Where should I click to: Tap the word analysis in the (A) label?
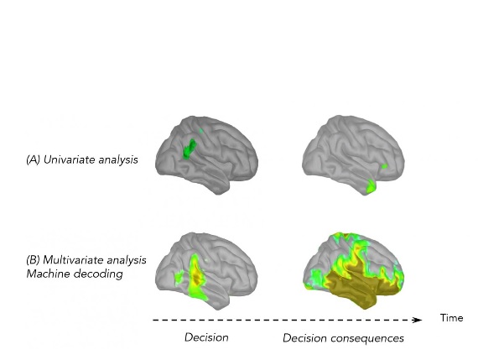point(118,160)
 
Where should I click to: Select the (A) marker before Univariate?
point(34,159)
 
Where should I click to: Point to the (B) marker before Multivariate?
point(34,260)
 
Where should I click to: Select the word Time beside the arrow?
point(451,318)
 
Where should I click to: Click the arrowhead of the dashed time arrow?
point(418,320)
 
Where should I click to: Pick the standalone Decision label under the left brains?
point(206,337)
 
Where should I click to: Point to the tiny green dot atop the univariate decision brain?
point(201,131)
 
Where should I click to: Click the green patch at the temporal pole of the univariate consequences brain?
point(371,185)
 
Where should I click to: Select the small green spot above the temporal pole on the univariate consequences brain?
point(385,166)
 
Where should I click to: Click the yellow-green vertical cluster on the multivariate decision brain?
point(195,278)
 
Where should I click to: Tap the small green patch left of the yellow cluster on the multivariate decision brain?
point(179,276)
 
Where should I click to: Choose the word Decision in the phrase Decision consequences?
point(305,338)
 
